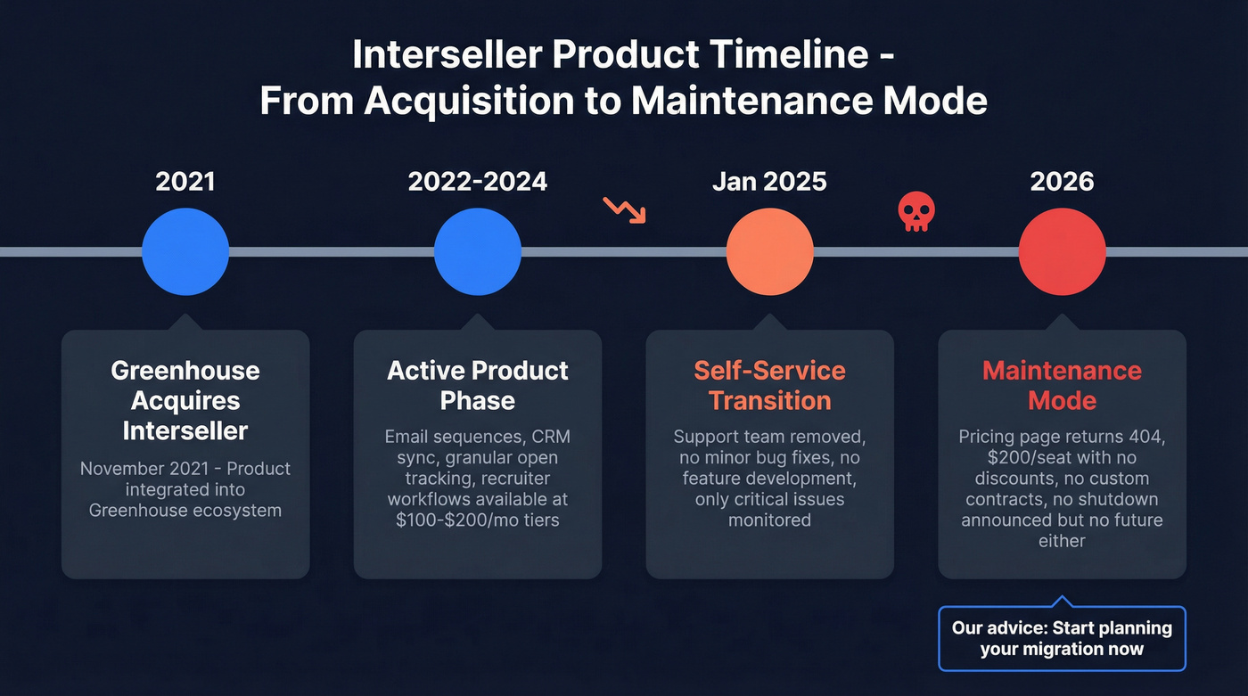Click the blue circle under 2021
(x=185, y=252)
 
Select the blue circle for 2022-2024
(x=477, y=252)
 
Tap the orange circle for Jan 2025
(x=769, y=252)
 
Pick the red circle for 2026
(x=1062, y=252)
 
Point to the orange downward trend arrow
(x=624, y=209)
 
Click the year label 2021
(x=185, y=182)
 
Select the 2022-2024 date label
(x=477, y=182)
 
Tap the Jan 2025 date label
(x=769, y=182)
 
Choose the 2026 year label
(x=1062, y=182)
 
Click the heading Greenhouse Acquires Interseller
(x=185, y=400)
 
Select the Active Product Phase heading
(x=477, y=385)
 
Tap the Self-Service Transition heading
(x=769, y=385)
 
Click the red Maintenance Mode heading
(x=1062, y=385)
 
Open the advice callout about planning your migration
(x=1062, y=638)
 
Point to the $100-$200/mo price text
(x=452, y=520)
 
